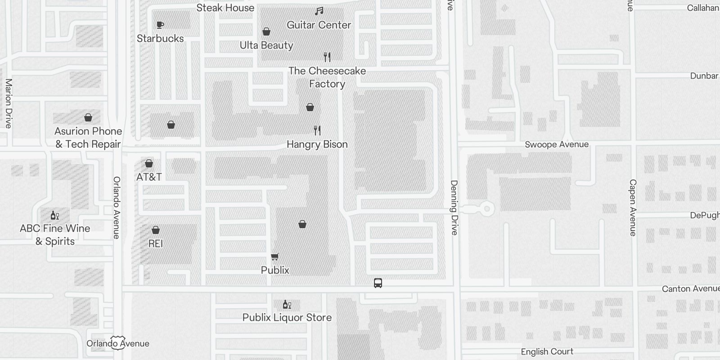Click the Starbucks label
[x=160, y=39]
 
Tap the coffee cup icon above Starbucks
[x=160, y=25]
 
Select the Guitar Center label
[x=319, y=25]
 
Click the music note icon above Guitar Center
[x=319, y=11]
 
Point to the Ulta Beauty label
[x=266, y=45]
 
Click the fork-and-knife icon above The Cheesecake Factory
[x=327, y=57]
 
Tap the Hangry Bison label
[x=317, y=144]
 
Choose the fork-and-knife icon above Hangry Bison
[x=317, y=130]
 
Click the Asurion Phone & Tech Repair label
[x=88, y=138]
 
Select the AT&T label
[x=149, y=177]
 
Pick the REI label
[x=155, y=243]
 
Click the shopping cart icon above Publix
[x=274, y=256]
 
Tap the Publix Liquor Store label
[x=287, y=318]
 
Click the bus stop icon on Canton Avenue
[x=378, y=283]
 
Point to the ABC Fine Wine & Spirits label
[x=55, y=234]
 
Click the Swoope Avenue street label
[x=557, y=144]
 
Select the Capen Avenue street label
[x=633, y=207]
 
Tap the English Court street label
[x=547, y=352]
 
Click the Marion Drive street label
[x=8, y=103]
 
